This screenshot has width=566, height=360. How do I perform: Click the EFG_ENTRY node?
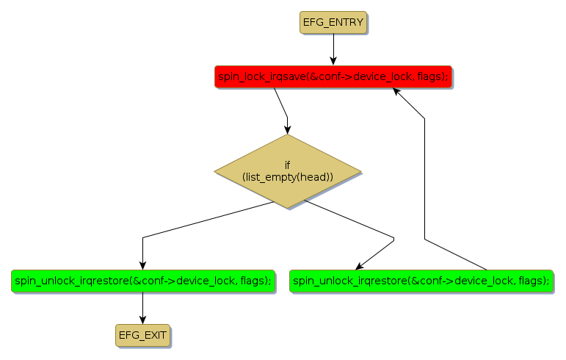click(x=333, y=22)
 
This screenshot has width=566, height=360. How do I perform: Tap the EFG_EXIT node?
click(x=142, y=335)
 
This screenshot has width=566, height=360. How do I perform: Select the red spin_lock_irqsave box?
click(x=333, y=76)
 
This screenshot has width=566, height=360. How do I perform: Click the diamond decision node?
click(x=288, y=171)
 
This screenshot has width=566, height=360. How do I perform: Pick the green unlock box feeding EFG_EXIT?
click(x=142, y=280)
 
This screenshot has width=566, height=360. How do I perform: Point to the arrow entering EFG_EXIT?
click(x=142, y=308)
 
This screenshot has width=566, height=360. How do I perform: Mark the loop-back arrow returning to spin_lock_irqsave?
click(x=425, y=176)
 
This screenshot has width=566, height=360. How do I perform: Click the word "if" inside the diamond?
click(x=288, y=165)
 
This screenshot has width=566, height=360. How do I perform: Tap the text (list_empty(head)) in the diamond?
click(x=288, y=177)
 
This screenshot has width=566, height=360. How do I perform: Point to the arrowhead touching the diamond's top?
click(x=288, y=130)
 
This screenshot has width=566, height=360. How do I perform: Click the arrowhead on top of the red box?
click(x=333, y=62)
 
